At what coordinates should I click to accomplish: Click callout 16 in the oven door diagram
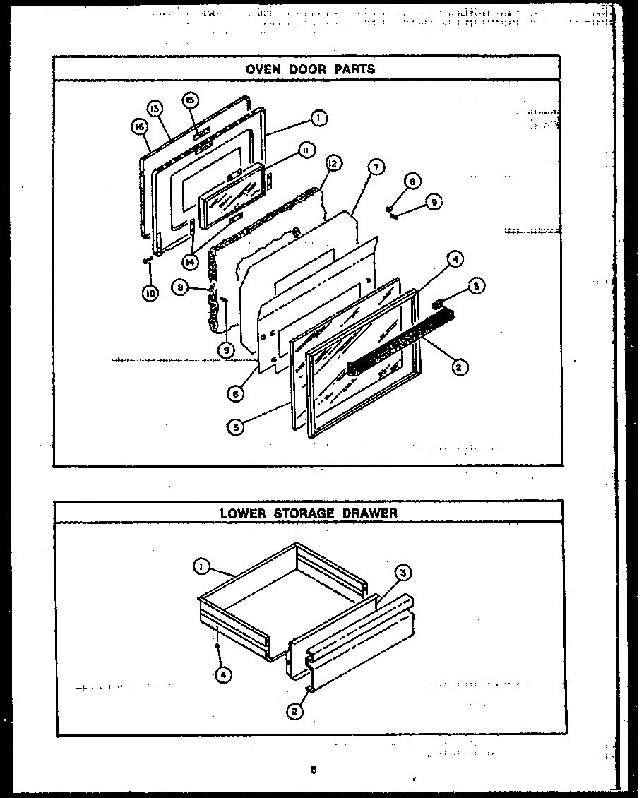click(138, 126)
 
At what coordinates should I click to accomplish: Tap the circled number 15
click(190, 100)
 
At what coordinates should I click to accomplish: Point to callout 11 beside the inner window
click(305, 149)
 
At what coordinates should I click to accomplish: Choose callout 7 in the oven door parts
click(376, 167)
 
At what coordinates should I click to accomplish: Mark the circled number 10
click(150, 293)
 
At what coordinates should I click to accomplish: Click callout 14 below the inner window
click(189, 261)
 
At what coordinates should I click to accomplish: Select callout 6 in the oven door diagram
click(236, 393)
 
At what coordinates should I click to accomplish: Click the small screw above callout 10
click(146, 261)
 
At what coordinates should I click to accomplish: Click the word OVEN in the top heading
click(263, 69)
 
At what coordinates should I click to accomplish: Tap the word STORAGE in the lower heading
click(302, 513)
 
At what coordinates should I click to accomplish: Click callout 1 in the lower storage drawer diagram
click(202, 565)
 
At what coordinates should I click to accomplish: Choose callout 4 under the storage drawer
click(223, 674)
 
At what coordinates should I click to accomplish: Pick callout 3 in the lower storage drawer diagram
click(403, 573)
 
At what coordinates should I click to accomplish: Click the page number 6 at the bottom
click(312, 770)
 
